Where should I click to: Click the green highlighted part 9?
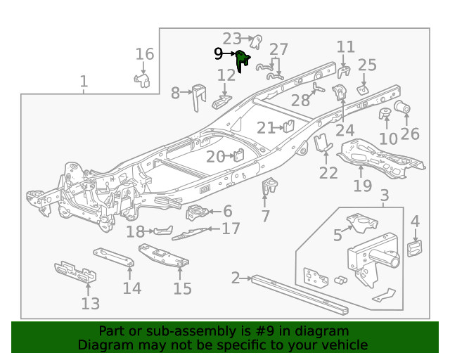(242, 60)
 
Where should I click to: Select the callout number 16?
(144, 54)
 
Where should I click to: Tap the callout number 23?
(232, 38)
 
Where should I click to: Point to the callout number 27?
(278, 49)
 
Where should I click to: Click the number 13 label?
(90, 304)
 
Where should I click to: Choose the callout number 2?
(236, 278)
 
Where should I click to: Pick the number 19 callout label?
(362, 186)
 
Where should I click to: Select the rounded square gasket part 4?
(416, 248)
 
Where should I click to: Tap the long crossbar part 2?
(302, 294)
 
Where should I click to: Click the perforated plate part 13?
(75, 273)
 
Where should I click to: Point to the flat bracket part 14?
(114, 257)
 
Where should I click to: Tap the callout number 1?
(84, 82)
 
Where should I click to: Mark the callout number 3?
(385, 195)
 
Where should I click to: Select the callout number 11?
(345, 47)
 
